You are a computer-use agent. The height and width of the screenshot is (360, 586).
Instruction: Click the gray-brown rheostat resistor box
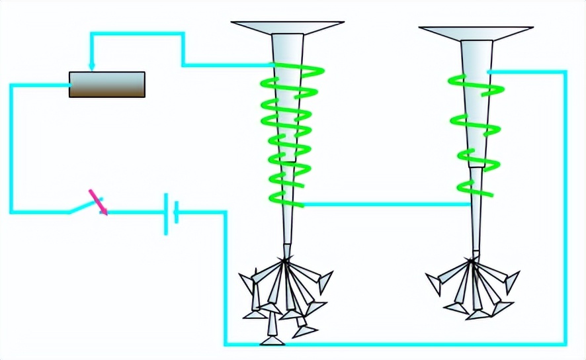107,85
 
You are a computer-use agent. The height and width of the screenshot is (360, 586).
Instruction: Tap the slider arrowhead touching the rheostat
91,67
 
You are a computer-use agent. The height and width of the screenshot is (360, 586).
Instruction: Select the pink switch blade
98,202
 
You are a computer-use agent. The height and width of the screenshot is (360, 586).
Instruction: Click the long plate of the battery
165,213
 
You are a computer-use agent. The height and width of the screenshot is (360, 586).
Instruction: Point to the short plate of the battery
175,213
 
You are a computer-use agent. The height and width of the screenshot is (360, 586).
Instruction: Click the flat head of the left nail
288,27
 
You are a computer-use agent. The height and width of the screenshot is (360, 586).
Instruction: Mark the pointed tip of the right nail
473,252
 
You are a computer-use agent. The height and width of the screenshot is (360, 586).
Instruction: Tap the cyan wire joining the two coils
387,204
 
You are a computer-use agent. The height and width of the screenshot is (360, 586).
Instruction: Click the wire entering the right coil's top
526,71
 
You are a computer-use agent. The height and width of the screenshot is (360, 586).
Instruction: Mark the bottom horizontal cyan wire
397,344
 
